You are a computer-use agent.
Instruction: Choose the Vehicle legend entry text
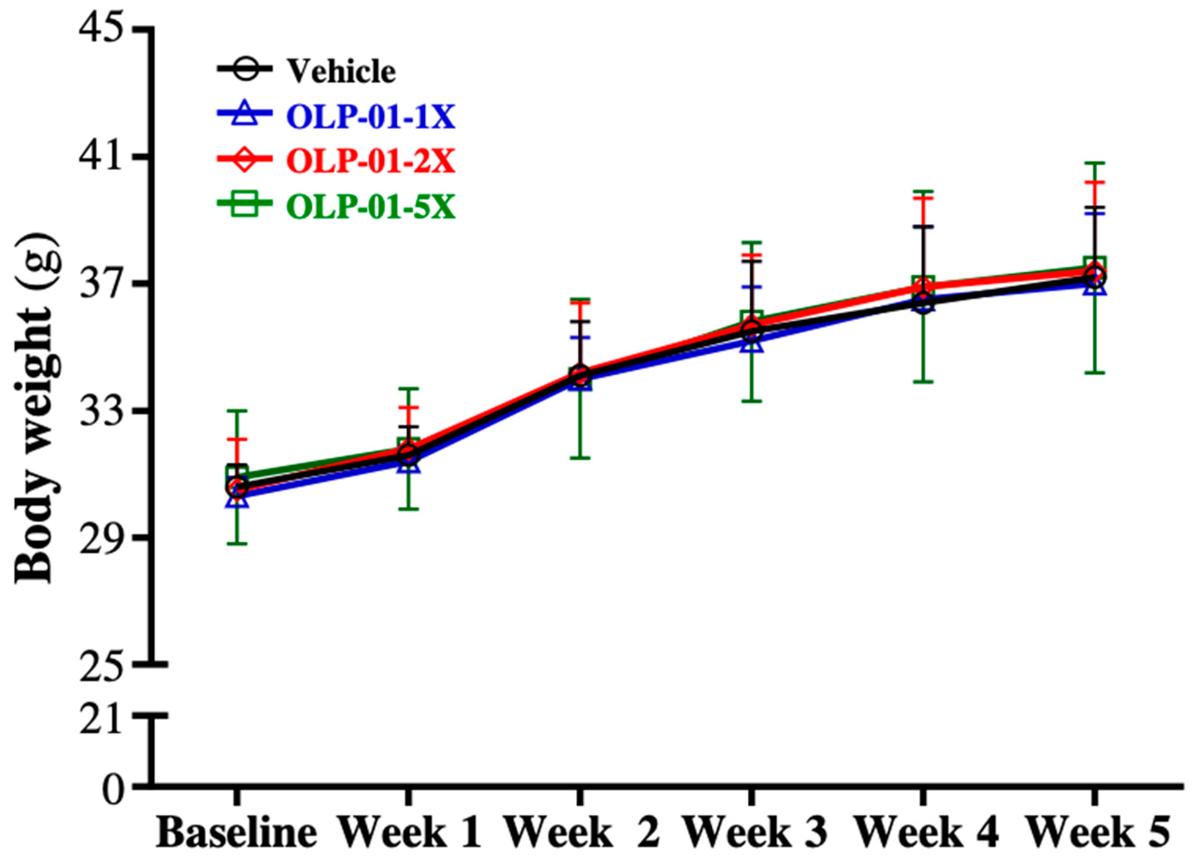(x=341, y=72)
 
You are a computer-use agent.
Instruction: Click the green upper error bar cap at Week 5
(x=1095, y=164)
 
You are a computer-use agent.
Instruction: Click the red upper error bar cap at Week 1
(x=408, y=408)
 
